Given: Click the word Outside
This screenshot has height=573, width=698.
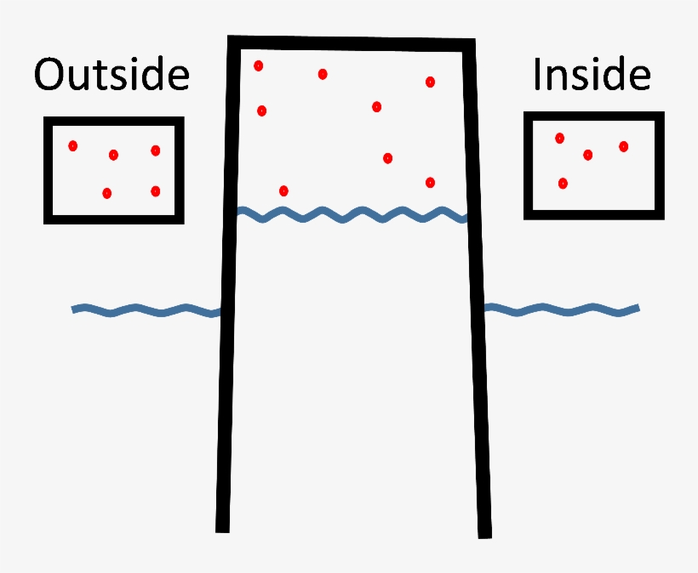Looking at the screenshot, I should (111, 75).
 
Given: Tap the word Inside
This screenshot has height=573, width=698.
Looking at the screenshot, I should (592, 75).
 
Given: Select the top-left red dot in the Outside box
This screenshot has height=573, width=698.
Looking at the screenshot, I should (73, 146).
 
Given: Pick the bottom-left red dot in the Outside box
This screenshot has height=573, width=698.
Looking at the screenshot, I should (107, 193).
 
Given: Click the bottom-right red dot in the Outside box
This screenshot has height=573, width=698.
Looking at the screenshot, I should (155, 191).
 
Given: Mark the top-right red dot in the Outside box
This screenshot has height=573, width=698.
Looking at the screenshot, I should (155, 150).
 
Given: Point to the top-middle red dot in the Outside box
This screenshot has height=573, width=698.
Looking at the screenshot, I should (113, 155).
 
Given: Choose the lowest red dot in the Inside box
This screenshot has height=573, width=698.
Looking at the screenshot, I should (563, 183).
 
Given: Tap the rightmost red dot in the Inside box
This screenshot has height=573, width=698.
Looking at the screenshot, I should (623, 146).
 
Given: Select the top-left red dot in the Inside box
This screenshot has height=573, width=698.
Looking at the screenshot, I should (559, 138).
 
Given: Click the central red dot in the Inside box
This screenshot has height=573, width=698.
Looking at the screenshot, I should (587, 155).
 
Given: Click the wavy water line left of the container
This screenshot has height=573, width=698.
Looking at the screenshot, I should (145, 311).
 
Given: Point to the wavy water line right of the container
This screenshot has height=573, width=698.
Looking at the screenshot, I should (562, 309).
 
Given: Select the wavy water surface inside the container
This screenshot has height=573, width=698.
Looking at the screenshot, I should (352, 214).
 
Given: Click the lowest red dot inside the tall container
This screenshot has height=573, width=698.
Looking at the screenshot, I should (283, 190).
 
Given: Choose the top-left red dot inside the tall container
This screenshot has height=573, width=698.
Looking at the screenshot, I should (259, 65).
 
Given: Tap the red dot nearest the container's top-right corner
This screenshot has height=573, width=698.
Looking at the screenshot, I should (430, 82).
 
